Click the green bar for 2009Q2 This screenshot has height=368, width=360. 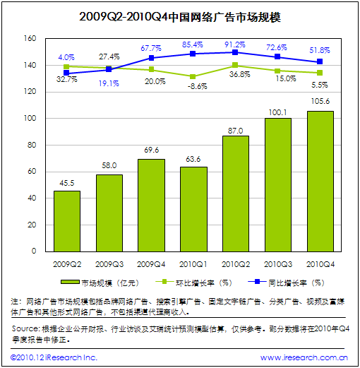point(67,221)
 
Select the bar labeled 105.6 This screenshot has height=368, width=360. point(320,182)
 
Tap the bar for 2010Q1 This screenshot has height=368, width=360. point(193,209)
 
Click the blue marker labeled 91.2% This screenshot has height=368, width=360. point(235,52)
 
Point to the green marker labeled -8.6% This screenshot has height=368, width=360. point(193,77)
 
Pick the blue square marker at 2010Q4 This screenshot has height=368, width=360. point(320,61)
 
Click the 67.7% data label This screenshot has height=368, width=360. point(151,48)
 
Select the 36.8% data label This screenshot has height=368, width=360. point(240,74)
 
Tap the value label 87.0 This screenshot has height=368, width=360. point(235,131)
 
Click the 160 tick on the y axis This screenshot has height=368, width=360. point(30,38)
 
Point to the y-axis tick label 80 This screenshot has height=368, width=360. point(32,145)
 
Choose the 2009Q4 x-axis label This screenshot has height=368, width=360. point(151,264)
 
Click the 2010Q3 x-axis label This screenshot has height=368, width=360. point(278,264)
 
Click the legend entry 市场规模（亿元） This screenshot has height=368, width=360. point(100,283)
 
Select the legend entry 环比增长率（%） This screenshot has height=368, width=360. point(194,283)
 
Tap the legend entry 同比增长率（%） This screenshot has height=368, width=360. point(287,283)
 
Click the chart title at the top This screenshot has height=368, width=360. point(180,17)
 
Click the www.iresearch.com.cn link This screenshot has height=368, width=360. point(304,357)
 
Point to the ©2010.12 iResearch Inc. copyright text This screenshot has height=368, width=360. point(54,357)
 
